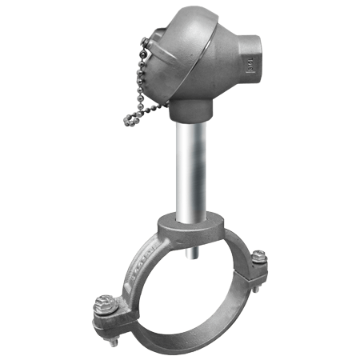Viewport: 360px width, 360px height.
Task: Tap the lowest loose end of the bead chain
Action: pos(127,121)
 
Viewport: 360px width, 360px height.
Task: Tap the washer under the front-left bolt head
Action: pos(106,313)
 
